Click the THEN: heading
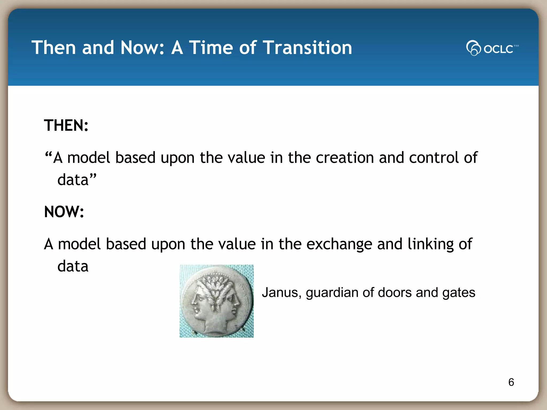click(x=66, y=125)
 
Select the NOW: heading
click(x=64, y=212)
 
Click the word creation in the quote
click(x=345, y=158)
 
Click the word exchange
click(x=339, y=244)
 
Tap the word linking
click(x=431, y=244)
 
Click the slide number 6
click(x=511, y=382)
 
